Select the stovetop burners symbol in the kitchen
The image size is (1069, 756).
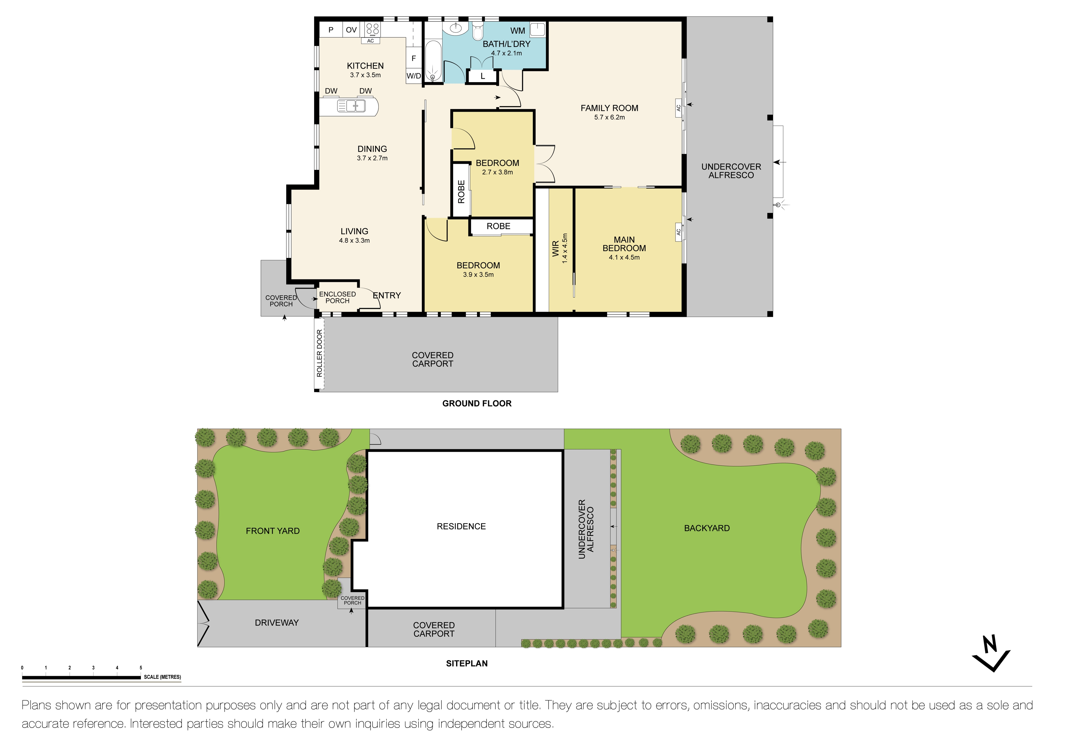(373, 29)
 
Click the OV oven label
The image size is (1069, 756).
(351, 30)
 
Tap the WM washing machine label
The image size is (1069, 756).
(517, 31)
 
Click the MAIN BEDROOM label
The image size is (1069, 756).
(624, 244)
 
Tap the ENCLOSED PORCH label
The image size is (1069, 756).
(337, 297)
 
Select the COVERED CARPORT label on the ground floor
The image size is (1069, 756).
(432, 359)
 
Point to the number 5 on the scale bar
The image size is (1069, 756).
(141, 667)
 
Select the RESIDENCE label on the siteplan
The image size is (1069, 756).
(461, 526)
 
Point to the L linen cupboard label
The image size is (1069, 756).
(482, 76)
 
